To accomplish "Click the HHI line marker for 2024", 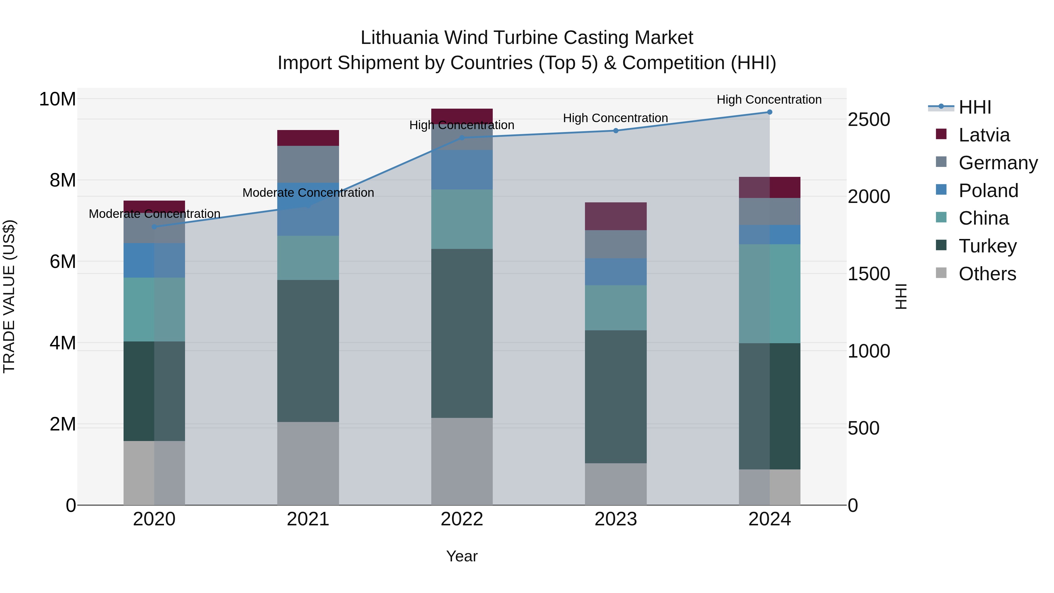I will click(769, 112).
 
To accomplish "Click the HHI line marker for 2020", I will click(154, 227).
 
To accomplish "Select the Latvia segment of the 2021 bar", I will click(308, 138).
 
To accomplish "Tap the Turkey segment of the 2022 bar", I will click(462, 333).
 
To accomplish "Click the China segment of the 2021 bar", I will click(308, 258).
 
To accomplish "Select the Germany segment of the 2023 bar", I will click(615, 244).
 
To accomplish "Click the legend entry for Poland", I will click(988, 191).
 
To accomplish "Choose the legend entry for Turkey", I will click(987, 246).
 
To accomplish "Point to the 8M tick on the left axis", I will click(63, 180).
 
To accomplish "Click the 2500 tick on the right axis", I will click(869, 120).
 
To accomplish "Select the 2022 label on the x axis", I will click(462, 519).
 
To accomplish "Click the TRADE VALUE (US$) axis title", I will click(9, 296).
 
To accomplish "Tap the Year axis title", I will click(462, 556).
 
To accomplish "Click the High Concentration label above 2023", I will click(615, 118).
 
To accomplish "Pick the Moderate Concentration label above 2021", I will click(308, 193).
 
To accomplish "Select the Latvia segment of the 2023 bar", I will click(615, 216).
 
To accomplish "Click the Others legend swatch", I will click(941, 273).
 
